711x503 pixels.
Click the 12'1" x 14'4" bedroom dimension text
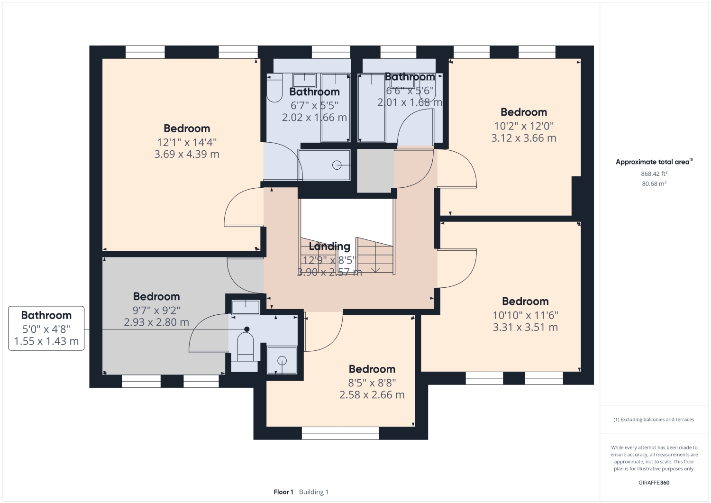187,142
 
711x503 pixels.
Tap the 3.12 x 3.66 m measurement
524,138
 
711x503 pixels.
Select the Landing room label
329,246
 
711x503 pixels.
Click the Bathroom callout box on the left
46,328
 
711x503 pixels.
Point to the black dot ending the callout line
246,329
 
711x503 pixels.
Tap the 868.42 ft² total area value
654,174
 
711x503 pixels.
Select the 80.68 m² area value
654,183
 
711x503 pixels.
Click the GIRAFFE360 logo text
654,483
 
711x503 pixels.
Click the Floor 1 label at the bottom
283,492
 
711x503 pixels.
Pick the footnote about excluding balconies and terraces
654,420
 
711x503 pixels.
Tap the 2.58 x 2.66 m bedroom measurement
372,395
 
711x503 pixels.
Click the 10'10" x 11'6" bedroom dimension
525,315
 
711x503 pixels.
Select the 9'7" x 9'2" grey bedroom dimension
156,310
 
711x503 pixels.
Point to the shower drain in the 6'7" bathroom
337,165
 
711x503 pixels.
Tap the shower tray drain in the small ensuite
282,360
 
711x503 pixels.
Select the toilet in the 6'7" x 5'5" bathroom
273,90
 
